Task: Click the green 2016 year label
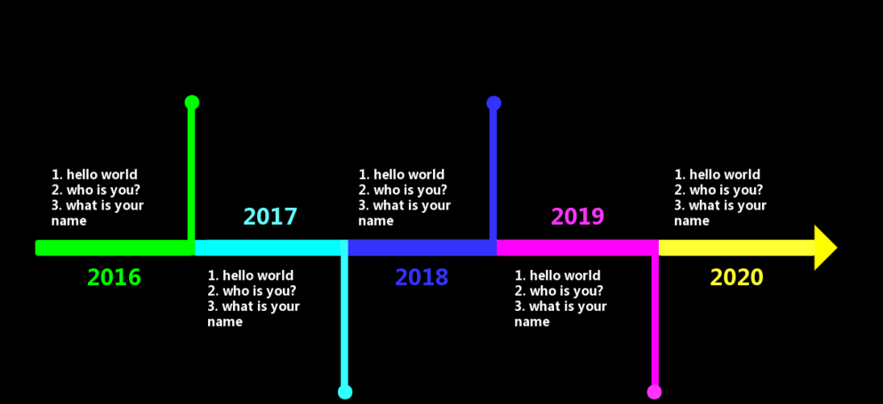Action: click(114, 277)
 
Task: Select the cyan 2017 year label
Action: click(270, 217)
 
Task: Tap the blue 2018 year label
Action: click(421, 277)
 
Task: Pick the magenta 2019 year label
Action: click(577, 217)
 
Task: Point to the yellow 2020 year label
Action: click(736, 277)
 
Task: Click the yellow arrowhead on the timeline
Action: click(823, 248)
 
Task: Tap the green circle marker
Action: click(192, 102)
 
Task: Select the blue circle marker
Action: click(494, 103)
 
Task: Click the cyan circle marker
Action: click(345, 392)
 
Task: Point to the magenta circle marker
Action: click(654, 392)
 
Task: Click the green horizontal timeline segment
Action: click(115, 248)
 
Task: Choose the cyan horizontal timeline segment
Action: click(271, 248)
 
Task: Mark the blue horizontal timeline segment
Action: click(422, 248)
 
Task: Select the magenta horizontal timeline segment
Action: click(578, 248)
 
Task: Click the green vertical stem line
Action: click(191, 174)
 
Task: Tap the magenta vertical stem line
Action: click(655, 321)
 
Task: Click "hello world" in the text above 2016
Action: click(102, 175)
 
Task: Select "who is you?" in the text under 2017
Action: click(259, 291)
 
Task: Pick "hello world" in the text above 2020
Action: click(725, 175)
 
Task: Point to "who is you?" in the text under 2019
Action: click(566, 291)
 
